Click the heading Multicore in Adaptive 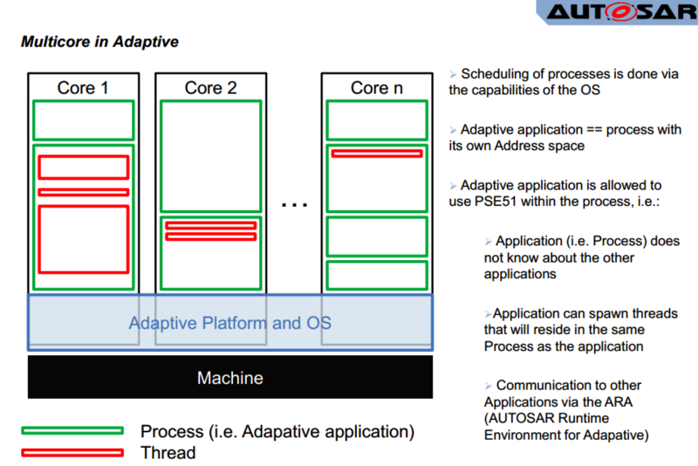(100, 41)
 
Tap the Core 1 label (83, 87)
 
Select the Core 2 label (210, 87)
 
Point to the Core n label (377, 87)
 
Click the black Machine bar (230, 378)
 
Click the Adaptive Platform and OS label (230, 323)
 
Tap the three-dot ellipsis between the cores (294, 205)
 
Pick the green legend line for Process (72, 430)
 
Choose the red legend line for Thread (72, 452)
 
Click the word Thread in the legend (168, 453)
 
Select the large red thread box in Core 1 (83, 239)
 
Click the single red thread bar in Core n (377, 154)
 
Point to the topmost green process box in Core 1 (83, 120)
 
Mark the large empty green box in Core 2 (210, 156)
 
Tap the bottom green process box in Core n (377, 275)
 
